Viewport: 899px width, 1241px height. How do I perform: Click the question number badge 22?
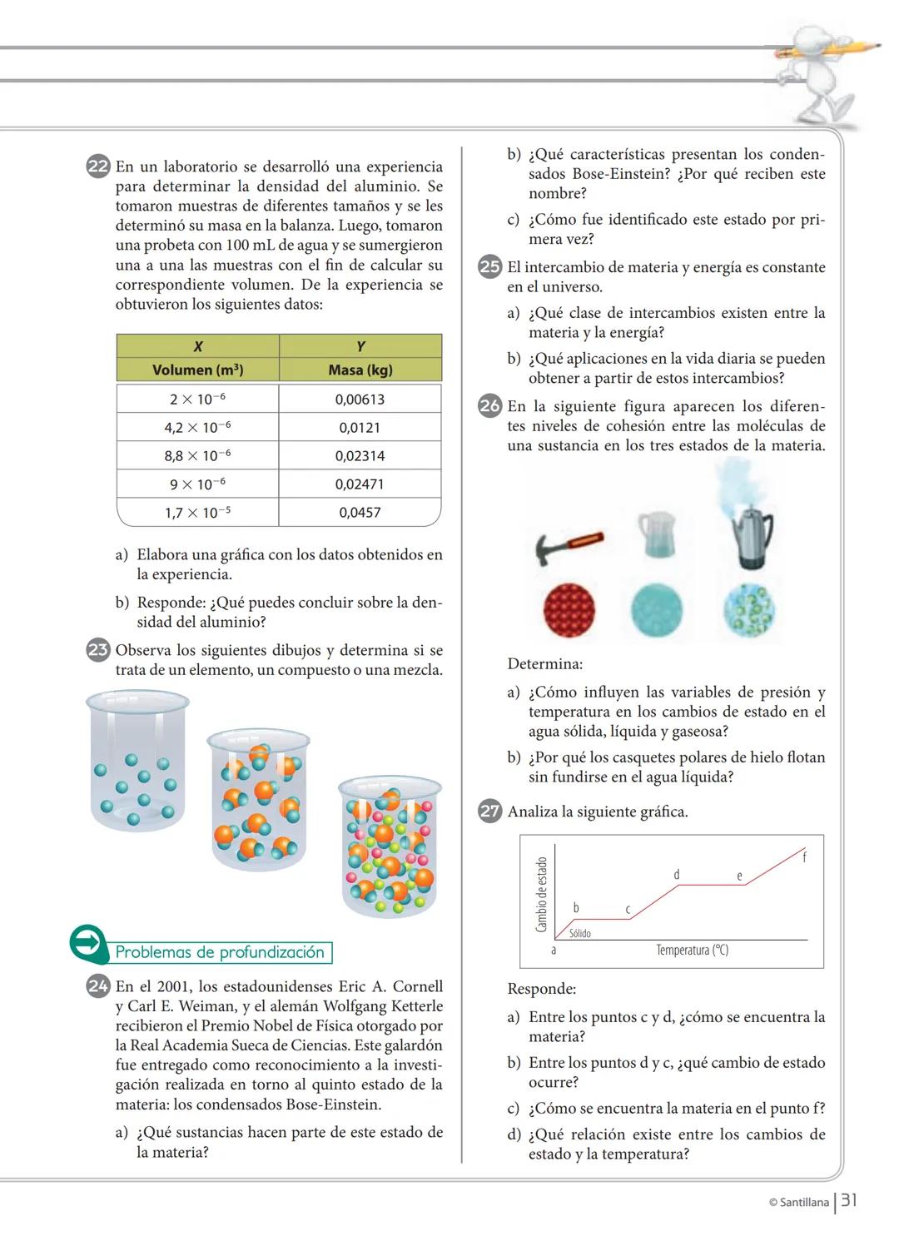click(98, 166)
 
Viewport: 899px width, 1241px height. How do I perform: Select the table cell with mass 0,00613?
click(360, 400)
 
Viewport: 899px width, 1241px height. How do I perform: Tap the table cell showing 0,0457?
click(360, 513)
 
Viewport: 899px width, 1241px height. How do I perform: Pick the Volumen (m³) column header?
click(197, 370)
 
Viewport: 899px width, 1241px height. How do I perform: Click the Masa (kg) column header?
click(360, 370)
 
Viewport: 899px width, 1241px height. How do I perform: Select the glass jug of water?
click(656, 534)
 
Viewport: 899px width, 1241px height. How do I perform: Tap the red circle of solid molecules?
click(569, 609)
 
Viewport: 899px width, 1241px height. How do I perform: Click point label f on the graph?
click(804, 856)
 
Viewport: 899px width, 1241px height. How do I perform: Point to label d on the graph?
click(676, 875)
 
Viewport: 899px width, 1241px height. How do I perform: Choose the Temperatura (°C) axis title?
click(692, 951)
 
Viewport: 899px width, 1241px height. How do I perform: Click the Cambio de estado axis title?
click(541, 895)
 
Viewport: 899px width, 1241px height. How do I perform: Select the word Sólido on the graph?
click(580, 934)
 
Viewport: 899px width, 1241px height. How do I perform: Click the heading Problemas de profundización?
click(220, 953)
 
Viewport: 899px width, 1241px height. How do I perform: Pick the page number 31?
click(849, 1200)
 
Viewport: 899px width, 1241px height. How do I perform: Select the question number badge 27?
click(490, 812)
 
